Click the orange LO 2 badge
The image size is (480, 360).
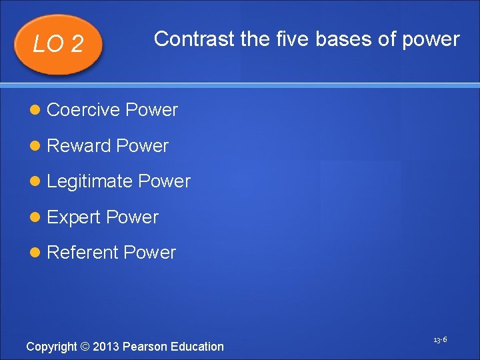[58, 44]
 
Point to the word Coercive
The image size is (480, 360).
[83, 110]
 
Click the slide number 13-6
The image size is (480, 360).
[439, 340]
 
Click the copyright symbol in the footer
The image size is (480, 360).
[85, 347]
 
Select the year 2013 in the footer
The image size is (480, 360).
[106, 347]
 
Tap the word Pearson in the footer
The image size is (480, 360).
[145, 347]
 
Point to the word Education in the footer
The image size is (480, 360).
[197, 347]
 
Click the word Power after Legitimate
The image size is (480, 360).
[164, 181]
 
